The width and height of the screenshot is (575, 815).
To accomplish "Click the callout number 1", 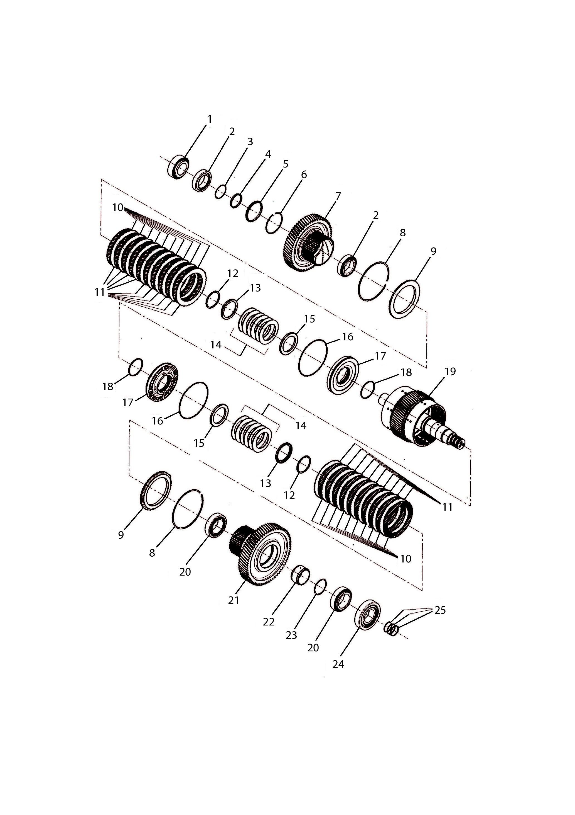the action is click(x=210, y=119).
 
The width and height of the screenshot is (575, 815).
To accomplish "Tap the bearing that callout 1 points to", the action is click(x=178, y=167).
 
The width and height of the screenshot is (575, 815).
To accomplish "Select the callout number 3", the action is click(x=250, y=142).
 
